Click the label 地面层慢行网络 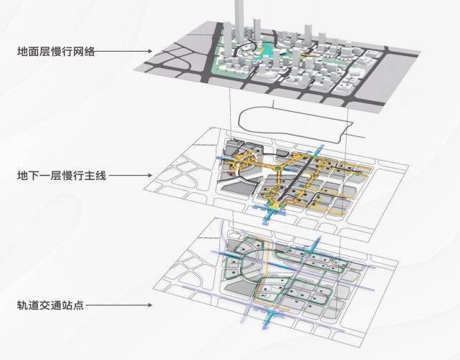[x=56, y=52]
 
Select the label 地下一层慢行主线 [x=62, y=176]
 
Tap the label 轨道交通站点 [x=50, y=305]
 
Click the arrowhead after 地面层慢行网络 [x=150, y=52]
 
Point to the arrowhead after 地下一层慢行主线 [x=150, y=176]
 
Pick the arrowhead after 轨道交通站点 [x=150, y=305]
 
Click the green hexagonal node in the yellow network [x=277, y=168]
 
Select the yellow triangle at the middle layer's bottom [x=275, y=206]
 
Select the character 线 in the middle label [x=100, y=176]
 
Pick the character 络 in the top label [x=90, y=52]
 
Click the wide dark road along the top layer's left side [x=211, y=53]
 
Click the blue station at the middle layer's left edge [x=225, y=159]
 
